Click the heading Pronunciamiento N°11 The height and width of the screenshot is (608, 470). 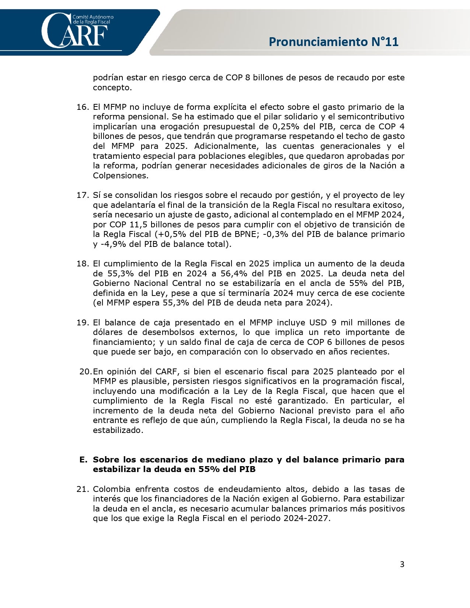coord(334,42)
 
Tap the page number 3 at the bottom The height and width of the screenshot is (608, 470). coord(402,564)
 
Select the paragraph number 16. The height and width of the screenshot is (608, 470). coord(83,107)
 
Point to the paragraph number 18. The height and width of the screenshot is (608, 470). coord(83,263)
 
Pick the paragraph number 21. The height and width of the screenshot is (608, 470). coord(83,489)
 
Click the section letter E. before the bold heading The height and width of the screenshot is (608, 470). coord(83,460)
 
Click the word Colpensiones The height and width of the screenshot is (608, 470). coord(120,175)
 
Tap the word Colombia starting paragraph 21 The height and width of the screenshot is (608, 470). coord(111,489)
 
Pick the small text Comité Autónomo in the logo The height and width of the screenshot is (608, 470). coord(93,17)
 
